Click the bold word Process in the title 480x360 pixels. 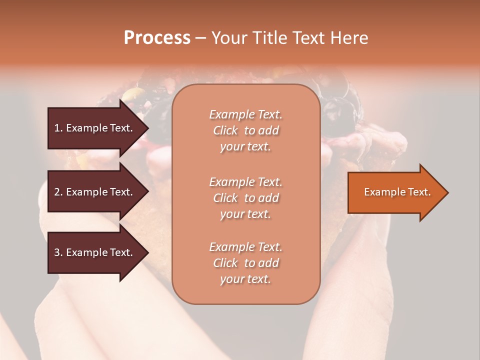pos(157,38)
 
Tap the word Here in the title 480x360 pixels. pos(348,38)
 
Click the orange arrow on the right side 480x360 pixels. pos(395,192)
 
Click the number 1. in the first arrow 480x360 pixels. pos(58,128)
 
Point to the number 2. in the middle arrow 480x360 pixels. pos(58,192)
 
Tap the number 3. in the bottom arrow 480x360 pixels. pos(58,252)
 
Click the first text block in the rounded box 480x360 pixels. pos(245,130)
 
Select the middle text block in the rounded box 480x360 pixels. pos(245,198)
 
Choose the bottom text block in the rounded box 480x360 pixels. pos(245,263)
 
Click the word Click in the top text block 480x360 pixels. pos(225,130)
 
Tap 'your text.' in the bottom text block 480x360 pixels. pos(245,279)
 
